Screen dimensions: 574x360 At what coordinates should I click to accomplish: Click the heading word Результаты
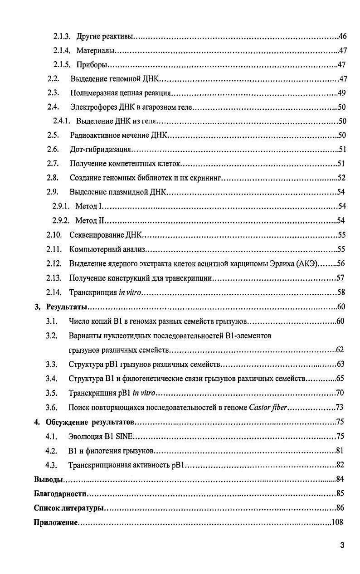point(66,307)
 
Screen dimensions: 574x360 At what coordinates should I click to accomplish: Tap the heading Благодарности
point(60,493)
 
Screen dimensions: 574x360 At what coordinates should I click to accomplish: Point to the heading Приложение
point(56,522)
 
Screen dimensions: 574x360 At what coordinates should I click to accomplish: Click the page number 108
point(337,522)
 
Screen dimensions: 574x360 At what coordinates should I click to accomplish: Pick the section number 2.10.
point(54,235)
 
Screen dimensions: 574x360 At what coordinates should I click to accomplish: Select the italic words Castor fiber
point(268,407)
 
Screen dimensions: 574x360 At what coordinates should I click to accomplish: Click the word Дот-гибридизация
point(100,150)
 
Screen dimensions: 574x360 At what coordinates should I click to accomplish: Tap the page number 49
point(342,93)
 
